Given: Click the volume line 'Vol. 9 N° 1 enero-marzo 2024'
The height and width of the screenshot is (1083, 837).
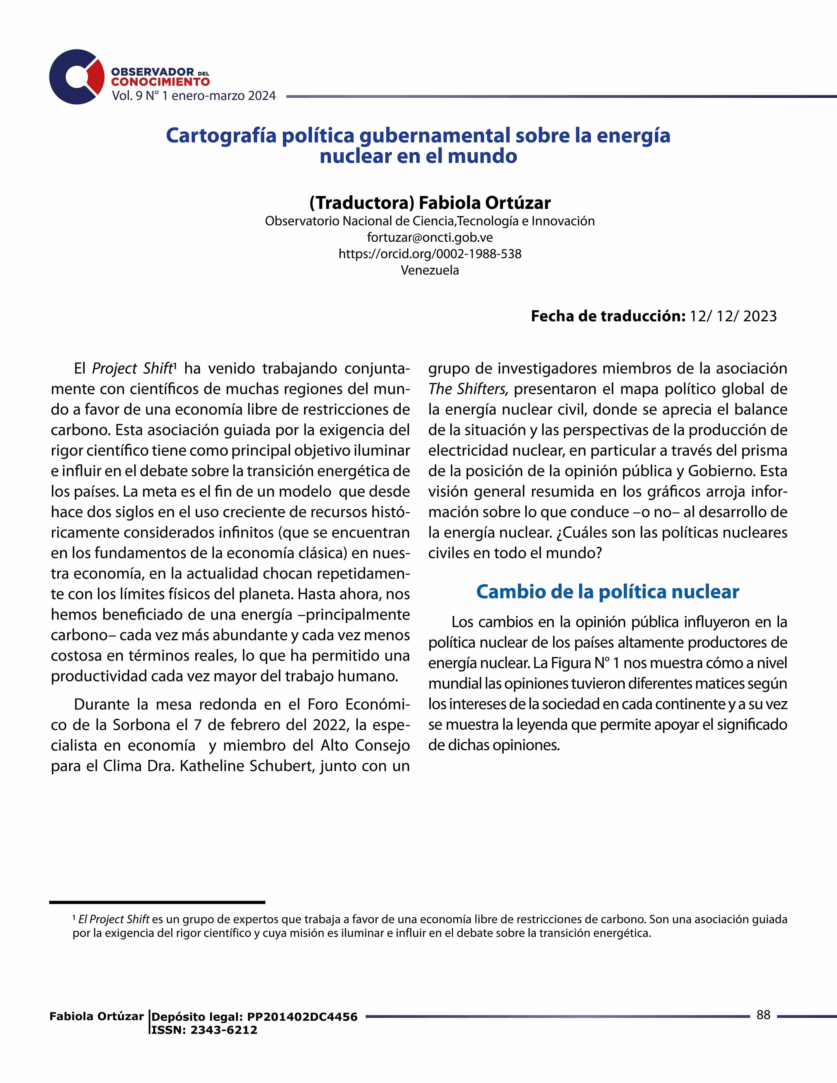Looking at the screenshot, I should tap(193, 96).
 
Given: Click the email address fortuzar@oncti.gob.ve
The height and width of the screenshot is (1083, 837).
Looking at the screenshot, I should tap(429, 237).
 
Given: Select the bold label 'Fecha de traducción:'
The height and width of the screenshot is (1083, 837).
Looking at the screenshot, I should tap(608, 316).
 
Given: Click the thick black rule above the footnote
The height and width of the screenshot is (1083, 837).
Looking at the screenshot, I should tap(157, 902).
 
